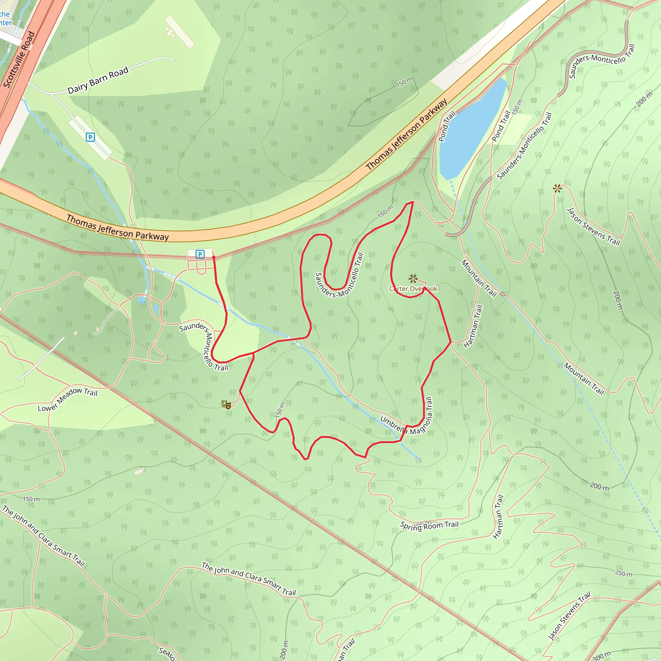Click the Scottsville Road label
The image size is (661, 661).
coord(19,59)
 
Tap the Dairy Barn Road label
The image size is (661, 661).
coord(98,80)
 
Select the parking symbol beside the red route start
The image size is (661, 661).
coord(200,254)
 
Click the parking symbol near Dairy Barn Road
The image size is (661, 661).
coord(90,137)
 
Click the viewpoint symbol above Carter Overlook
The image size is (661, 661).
coord(413,279)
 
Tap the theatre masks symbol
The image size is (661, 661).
coord(226,405)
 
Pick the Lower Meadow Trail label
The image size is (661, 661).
coord(67,399)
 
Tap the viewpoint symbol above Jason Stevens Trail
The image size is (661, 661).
coord(557,188)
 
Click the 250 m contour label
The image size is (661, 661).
coord(623,574)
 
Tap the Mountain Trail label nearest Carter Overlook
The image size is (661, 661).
coord(479,278)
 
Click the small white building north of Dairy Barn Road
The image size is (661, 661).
coord(179,32)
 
